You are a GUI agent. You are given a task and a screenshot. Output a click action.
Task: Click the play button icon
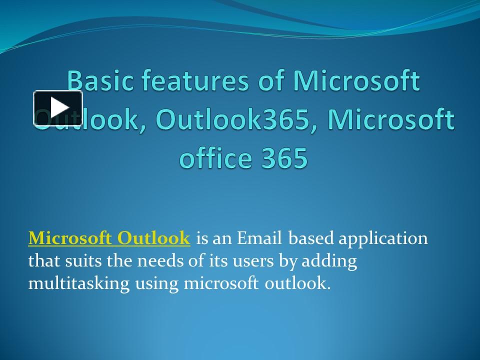[58, 108]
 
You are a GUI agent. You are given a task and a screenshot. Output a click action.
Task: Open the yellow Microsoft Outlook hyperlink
[109, 238]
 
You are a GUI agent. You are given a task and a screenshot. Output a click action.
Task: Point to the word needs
[159, 261]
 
